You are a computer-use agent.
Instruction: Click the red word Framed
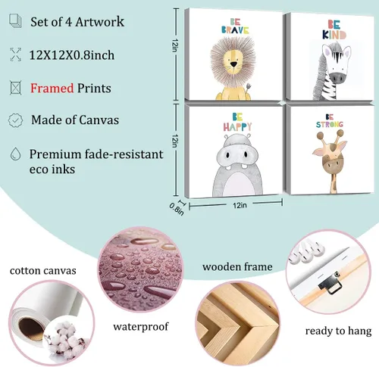pos(52,88)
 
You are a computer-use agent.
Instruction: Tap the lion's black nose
pos(233,65)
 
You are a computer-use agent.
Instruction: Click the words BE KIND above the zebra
pos(334,30)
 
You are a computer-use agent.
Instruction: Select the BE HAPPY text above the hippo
pos(237,122)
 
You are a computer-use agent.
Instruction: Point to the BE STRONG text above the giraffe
pos(330,121)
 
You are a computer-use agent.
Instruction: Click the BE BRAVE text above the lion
pos(235,26)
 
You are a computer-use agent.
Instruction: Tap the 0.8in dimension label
pos(177,209)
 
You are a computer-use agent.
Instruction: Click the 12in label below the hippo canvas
pos(240,205)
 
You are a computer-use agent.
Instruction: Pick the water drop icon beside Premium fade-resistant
pos(15,154)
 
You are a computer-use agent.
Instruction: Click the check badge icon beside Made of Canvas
pos(15,120)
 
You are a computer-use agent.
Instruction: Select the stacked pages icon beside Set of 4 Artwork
pos(16,20)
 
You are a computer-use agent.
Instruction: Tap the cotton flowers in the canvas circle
pos(65,338)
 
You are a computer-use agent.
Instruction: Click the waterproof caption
pos(141,327)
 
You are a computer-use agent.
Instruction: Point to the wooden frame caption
pos(237,266)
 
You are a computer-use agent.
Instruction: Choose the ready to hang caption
pos(338,331)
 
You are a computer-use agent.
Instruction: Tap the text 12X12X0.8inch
pos(72,55)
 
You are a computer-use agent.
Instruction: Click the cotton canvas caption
pos(43,271)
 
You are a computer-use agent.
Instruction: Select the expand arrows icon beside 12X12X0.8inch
pos(15,54)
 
